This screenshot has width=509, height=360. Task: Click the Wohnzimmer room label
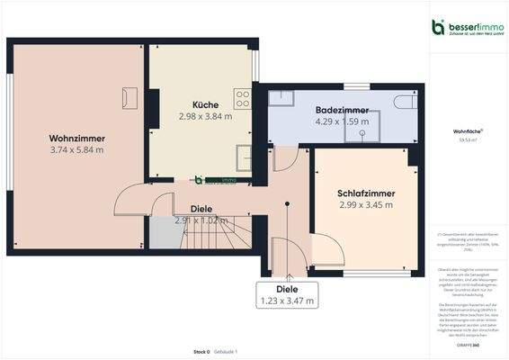click(77, 138)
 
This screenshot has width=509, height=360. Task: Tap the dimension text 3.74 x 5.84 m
click(77, 149)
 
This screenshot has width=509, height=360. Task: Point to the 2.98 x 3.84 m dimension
click(205, 116)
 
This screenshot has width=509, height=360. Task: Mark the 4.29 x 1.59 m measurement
click(338, 121)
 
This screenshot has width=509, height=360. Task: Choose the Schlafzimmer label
click(366, 193)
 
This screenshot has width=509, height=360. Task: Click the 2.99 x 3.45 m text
click(366, 205)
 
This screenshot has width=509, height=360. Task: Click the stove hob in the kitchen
click(241, 97)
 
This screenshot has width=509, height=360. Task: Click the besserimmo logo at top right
click(468, 28)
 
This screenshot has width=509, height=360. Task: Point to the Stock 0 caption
click(201, 351)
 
